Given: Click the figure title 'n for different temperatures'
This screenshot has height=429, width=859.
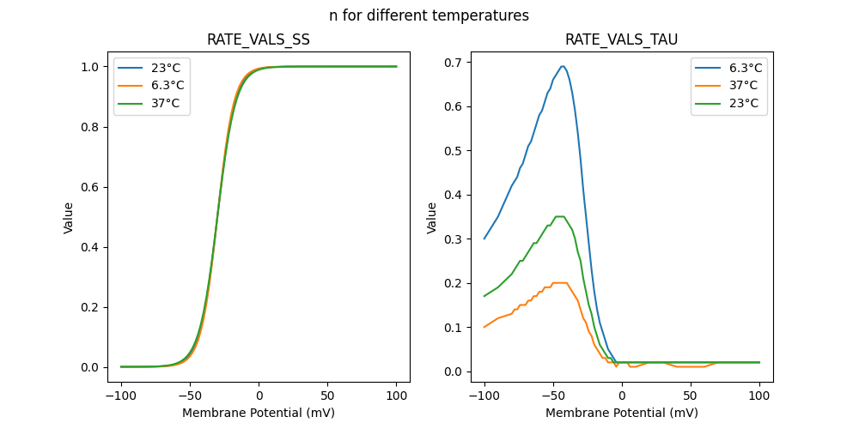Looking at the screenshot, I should click(x=429, y=15).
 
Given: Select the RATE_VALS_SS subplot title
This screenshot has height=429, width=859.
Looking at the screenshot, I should click(x=259, y=39).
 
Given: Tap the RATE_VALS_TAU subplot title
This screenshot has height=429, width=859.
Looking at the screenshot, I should click(x=621, y=39).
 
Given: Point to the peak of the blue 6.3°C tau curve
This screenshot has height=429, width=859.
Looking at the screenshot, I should click(x=563, y=66).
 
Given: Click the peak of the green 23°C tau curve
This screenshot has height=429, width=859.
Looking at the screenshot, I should click(x=559, y=216).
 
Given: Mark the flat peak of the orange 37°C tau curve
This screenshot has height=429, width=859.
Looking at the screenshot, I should click(x=559, y=282).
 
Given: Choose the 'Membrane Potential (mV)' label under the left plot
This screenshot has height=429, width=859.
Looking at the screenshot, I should click(x=259, y=413).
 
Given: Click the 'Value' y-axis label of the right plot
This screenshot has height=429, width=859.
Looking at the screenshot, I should click(x=432, y=217).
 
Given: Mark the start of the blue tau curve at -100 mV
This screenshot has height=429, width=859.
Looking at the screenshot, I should click(x=484, y=239).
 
